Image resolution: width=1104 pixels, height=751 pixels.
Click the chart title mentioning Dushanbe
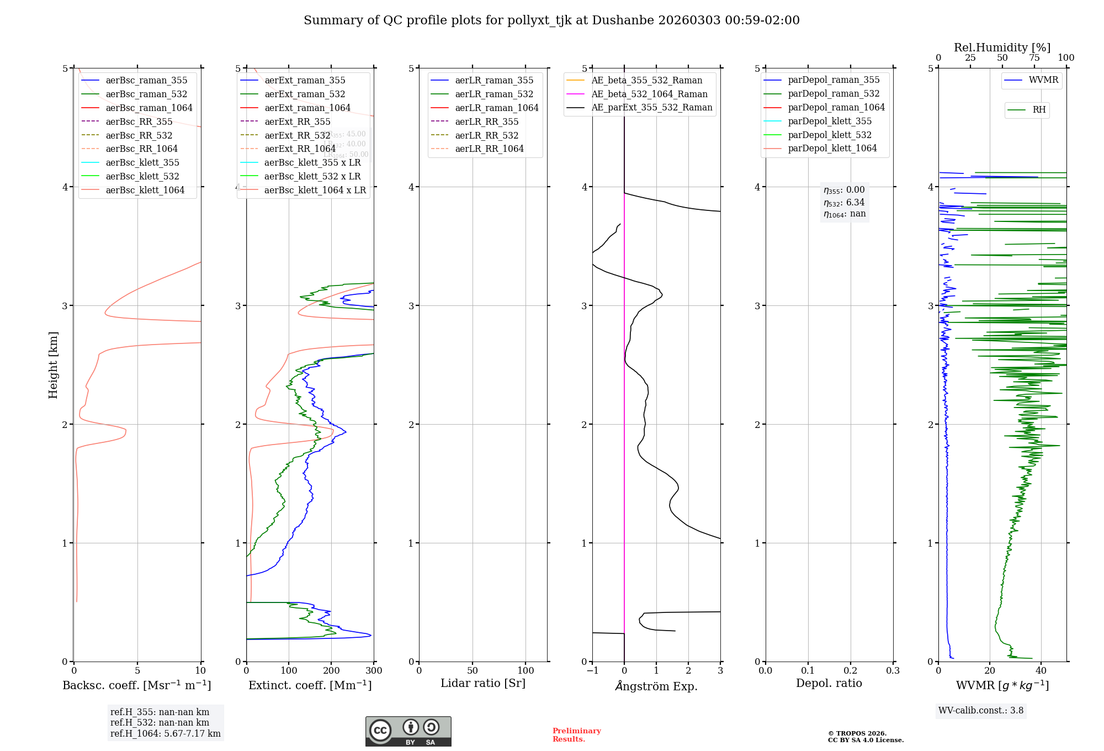551,20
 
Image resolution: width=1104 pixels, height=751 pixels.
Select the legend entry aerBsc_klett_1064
145,190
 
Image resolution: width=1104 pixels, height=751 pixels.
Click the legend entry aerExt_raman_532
305,94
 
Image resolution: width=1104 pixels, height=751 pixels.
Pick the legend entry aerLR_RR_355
486,121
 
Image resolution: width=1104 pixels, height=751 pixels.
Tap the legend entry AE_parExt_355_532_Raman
651,107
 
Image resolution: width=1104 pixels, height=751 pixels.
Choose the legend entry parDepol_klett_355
830,121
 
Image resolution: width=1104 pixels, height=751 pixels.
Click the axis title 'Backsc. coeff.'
136,685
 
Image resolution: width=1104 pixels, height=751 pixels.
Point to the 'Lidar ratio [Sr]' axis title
483,683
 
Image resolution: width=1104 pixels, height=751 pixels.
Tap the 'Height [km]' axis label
53,364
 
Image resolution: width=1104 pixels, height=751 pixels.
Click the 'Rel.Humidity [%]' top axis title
1002,47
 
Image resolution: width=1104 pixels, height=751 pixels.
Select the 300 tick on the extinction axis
374,671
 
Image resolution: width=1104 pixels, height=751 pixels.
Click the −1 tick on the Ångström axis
592,671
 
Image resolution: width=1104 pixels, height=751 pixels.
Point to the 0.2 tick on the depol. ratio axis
851,671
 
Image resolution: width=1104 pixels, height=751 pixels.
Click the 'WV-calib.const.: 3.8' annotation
981,711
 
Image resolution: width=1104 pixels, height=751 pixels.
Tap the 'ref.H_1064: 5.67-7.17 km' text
165,734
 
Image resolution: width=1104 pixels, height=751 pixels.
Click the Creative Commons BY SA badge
408,732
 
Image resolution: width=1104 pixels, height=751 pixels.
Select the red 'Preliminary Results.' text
576,735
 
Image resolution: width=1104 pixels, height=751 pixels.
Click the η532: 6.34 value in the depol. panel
844,203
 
